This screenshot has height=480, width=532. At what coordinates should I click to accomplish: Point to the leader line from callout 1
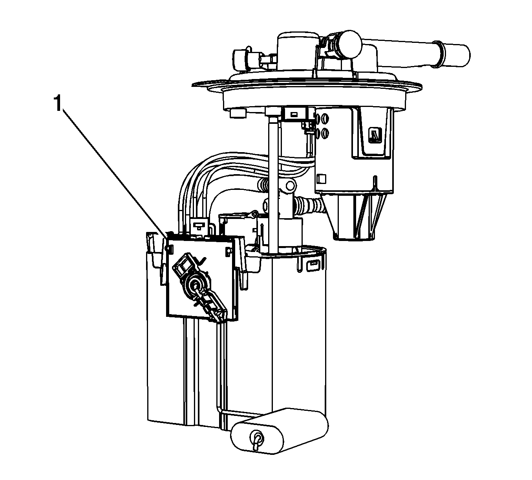pos(115,174)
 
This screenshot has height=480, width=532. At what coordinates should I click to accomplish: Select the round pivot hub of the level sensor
pos(196,285)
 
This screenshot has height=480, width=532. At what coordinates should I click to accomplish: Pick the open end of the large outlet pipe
pos(460,56)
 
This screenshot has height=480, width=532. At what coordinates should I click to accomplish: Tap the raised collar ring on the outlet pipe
pos(437,55)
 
